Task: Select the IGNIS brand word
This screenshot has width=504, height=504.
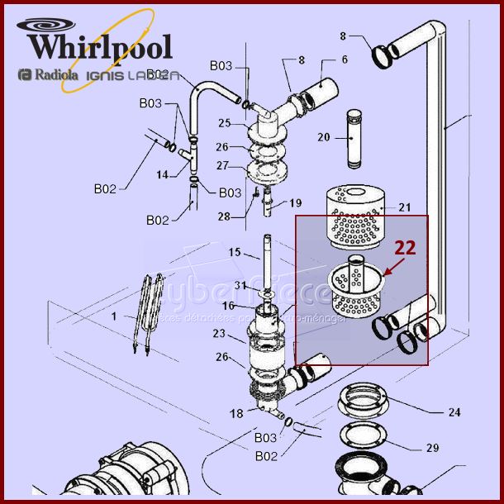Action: pos(107,76)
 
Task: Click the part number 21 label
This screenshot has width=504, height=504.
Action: pos(404,207)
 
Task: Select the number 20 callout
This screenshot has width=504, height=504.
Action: pos(323,138)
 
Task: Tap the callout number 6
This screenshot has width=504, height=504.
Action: pos(345,59)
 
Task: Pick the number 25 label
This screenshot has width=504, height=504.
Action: pos(224,123)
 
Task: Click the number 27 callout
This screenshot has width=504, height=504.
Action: pos(223,165)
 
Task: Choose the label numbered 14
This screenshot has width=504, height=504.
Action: pos(163,174)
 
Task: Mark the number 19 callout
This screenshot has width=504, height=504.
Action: pos(296,202)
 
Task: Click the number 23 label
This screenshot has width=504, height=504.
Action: pos(218,335)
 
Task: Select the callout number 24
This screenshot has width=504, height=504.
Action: pos(454,411)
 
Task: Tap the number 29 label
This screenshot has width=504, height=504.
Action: pos(454,448)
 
